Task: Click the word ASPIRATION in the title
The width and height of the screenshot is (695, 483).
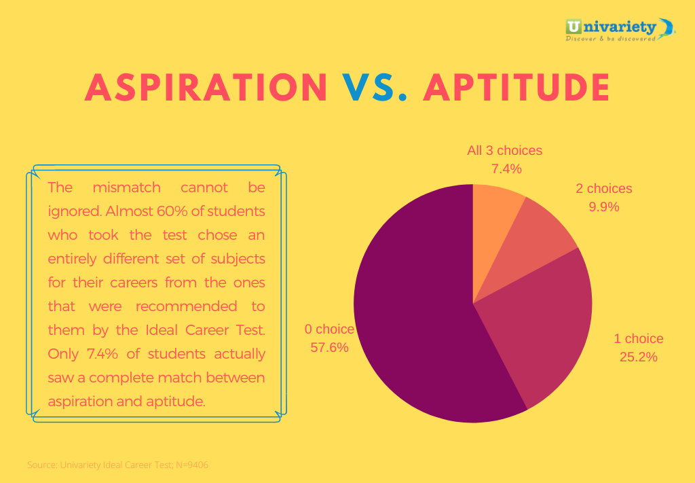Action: [206, 88]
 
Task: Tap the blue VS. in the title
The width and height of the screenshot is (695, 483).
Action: [375, 88]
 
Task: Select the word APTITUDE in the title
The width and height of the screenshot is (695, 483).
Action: [516, 88]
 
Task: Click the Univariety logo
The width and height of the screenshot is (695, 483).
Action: [620, 30]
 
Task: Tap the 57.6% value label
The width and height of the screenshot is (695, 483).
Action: [329, 347]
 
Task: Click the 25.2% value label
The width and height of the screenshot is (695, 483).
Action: [638, 357]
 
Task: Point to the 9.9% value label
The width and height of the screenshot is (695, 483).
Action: [603, 207]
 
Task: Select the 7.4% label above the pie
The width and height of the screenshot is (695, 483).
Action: [506, 168]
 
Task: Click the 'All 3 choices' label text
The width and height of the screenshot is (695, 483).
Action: [504, 150]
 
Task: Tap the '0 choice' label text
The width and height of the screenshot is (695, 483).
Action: [329, 329]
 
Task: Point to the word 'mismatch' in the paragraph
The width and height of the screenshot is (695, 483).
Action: [126, 187]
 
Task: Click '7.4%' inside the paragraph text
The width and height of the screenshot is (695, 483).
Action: [102, 354]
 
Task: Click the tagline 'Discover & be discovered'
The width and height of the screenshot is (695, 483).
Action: [610, 39]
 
